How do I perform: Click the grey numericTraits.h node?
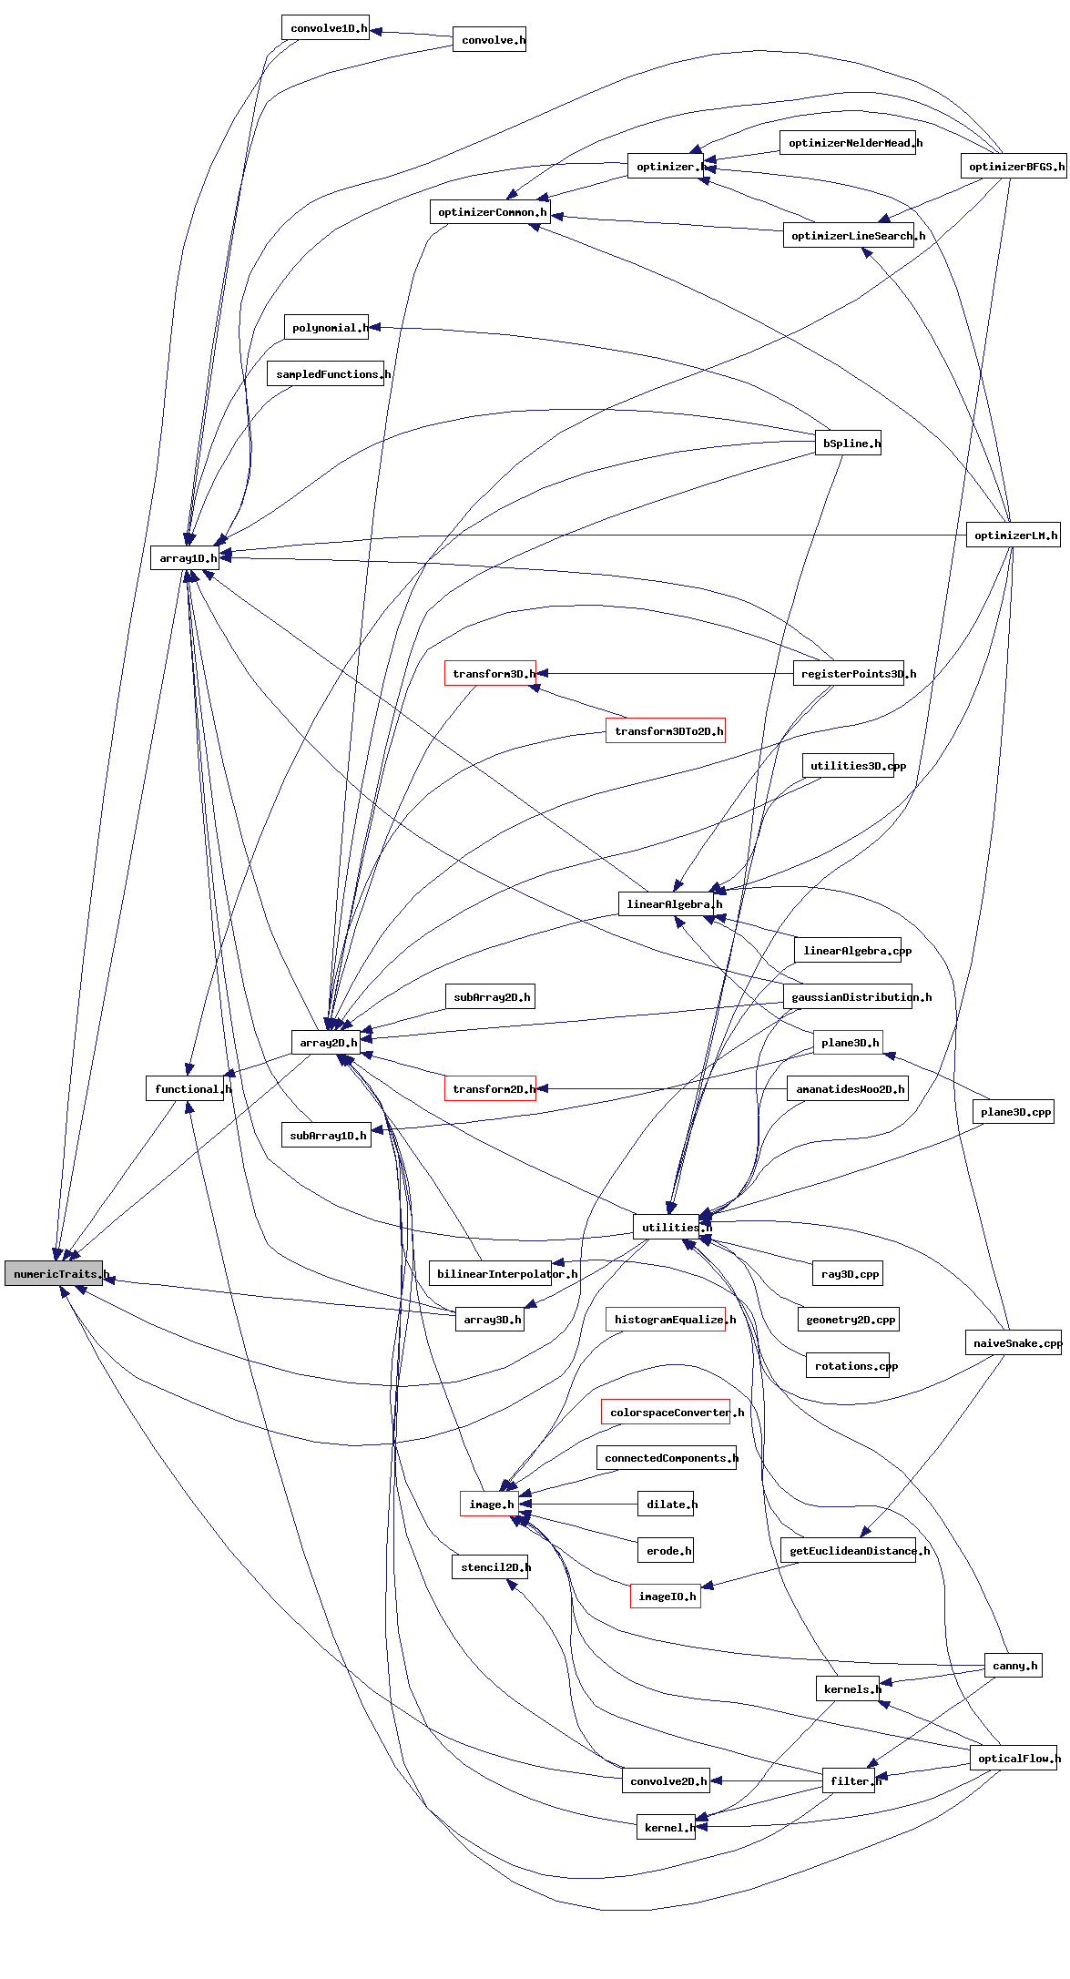[x=54, y=1273]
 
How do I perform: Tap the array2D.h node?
[x=325, y=1042]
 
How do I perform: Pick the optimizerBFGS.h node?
[x=1013, y=166]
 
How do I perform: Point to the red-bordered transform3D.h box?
[x=490, y=674]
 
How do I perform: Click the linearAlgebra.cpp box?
[x=848, y=951]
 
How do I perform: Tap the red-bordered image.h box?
[x=489, y=1505]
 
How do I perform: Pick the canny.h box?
[x=1013, y=1666]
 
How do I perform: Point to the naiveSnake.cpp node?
[x=1013, y=1342]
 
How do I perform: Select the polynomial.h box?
[x=326, y=327]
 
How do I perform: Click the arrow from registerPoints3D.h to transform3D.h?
[x=665, y=674]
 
